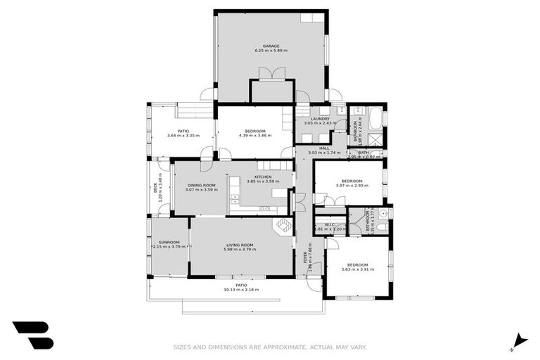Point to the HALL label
click(324, 148)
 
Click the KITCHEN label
click(263, 176)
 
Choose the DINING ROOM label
click(201, 185)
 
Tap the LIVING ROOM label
click(239, 245)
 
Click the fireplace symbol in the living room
click(283, 225)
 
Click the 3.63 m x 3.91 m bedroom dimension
click(355, 269)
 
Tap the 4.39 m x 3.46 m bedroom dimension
click(255, 136)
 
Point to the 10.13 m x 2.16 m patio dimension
click(241, 290)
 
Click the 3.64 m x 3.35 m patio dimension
click(183, 136)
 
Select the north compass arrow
click(519, 341)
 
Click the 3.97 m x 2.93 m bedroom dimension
click(352, 186)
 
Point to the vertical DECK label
click(157, 188)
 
